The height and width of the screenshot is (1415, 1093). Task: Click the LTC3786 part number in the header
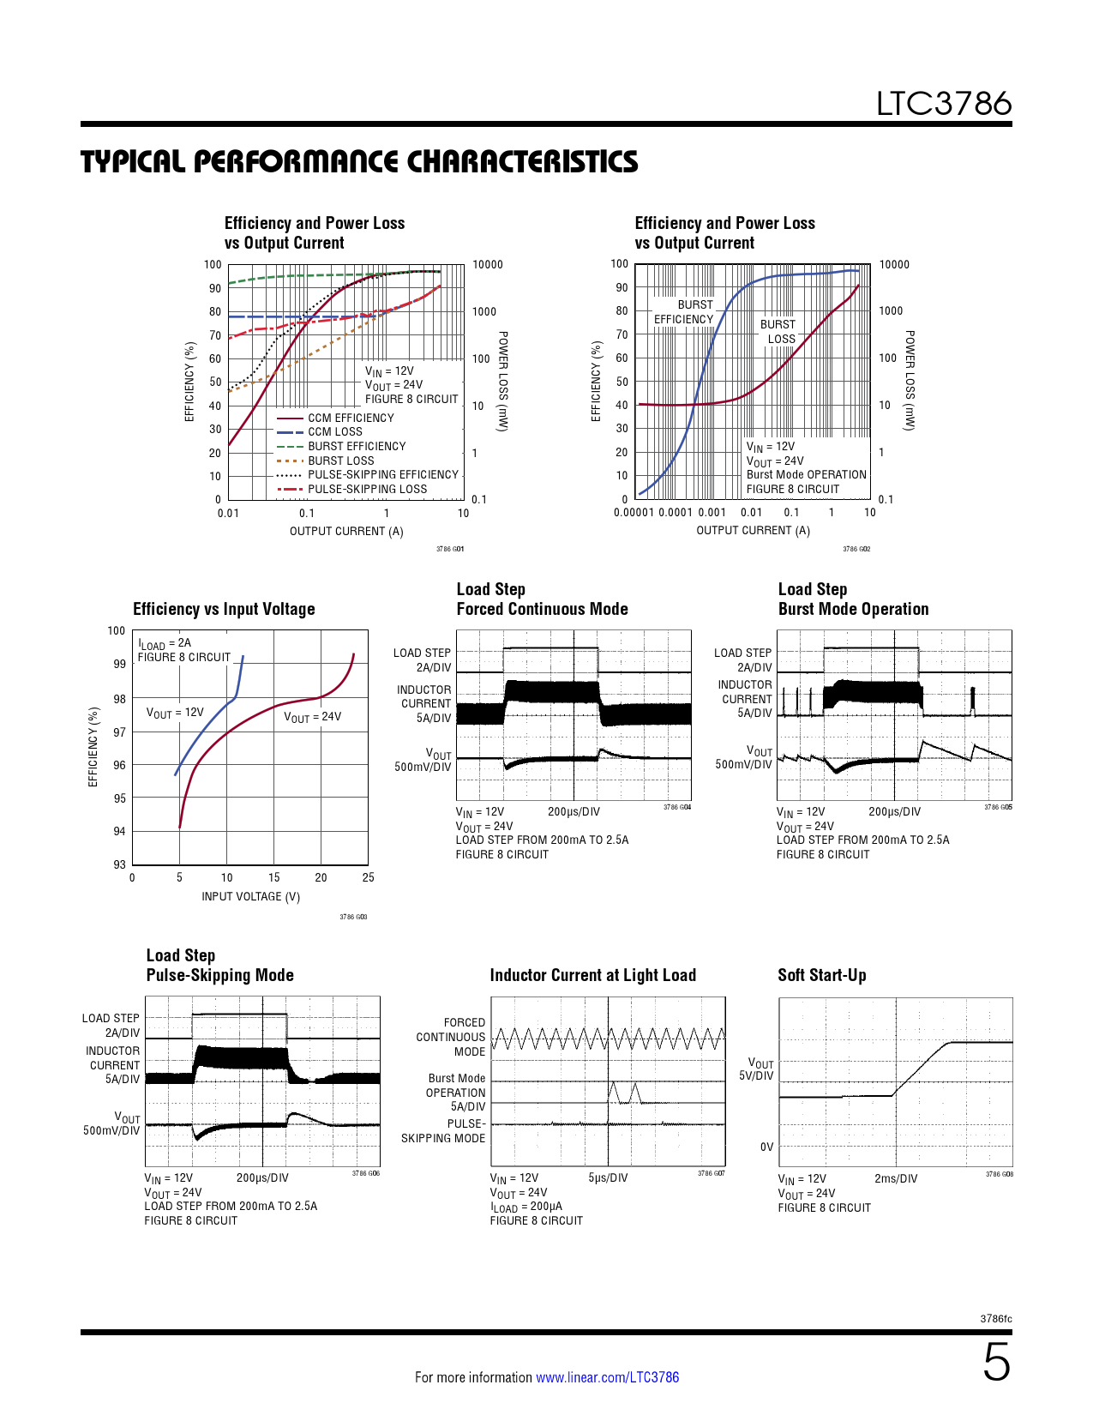coord(943,104)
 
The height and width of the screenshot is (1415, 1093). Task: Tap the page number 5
coord(996,1363)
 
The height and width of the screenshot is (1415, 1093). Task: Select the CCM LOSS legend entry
coord(334,432)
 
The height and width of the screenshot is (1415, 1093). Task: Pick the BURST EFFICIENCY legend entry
coord(357,447)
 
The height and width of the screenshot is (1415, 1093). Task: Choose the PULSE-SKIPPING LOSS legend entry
coord(367,490)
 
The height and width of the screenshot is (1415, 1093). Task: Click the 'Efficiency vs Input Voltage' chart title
coord(224,609)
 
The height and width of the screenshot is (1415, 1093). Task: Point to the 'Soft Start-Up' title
coord(821,975)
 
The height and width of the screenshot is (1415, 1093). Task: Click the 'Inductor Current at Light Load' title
coord(592,975)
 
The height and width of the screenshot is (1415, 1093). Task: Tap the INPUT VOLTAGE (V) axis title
coord(250,897)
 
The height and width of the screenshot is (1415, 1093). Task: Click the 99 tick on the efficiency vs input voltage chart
coord(119,664)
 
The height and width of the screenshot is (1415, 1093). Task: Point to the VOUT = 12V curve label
coord(175,713)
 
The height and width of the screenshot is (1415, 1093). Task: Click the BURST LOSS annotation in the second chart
coord(778,332)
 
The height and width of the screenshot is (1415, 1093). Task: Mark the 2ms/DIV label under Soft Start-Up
coord(895,1179)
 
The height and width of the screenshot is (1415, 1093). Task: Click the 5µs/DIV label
coord(608,1178)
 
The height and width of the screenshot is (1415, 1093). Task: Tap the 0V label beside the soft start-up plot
coord(766,1147)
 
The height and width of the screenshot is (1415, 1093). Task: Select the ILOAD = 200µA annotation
coord(525,1207)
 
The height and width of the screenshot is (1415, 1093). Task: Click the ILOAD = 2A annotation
coord(165,643)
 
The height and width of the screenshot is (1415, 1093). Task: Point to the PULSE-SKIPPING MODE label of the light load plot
coord(444,1131)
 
